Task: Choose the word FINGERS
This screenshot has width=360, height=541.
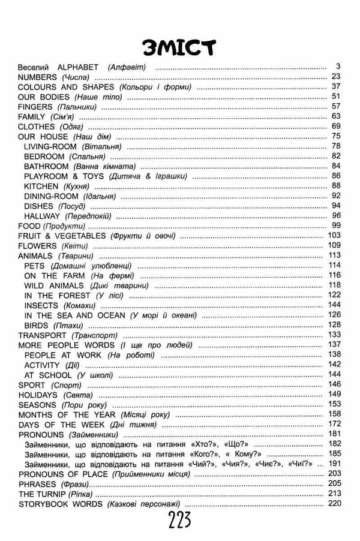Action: pyautogui.click(x=37, y=107)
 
